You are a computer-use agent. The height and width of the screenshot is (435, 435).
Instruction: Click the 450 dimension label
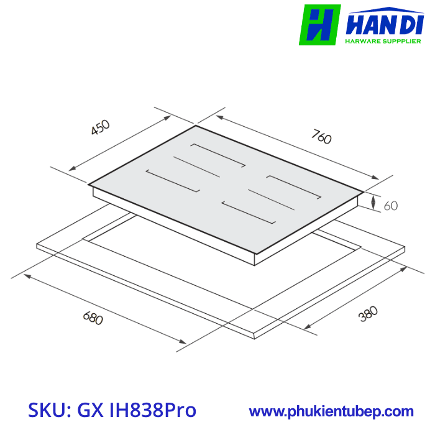click(100, 127)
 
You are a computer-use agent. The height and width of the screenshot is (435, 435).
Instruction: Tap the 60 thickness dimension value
click(390, 206)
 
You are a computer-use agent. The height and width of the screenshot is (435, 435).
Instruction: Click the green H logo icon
click(320, 25)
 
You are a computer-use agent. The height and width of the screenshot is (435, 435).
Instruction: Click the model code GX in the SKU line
click(91, 411)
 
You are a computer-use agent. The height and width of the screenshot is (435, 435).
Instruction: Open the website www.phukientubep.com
click(331, 411)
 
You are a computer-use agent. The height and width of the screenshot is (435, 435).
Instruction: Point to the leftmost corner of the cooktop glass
click(89, 185)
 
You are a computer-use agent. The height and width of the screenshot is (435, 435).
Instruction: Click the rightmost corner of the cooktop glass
click(364, 191)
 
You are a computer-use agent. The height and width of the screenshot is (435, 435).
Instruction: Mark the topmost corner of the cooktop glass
click(196, 126)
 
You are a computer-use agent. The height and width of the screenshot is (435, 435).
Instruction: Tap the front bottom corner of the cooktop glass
click(255, 254)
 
